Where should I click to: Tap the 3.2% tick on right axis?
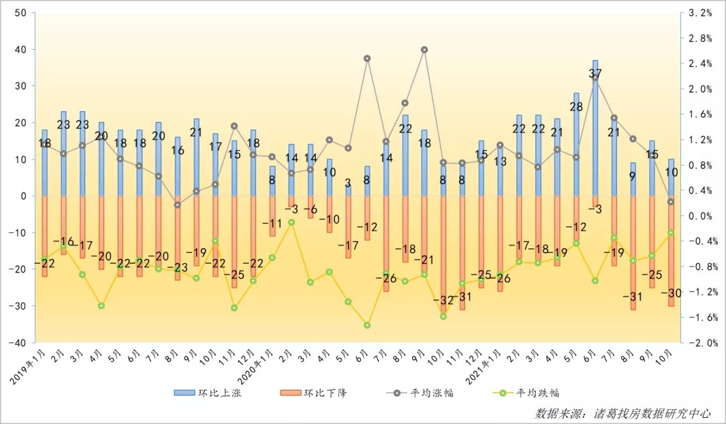pos(700,13)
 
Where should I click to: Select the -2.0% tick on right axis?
pos(702,342)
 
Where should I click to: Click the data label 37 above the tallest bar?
pos(595,73)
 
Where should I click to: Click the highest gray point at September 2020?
pos(424,50)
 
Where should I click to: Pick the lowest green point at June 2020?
pos(367,325)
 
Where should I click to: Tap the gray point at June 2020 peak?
pos(367,59)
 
